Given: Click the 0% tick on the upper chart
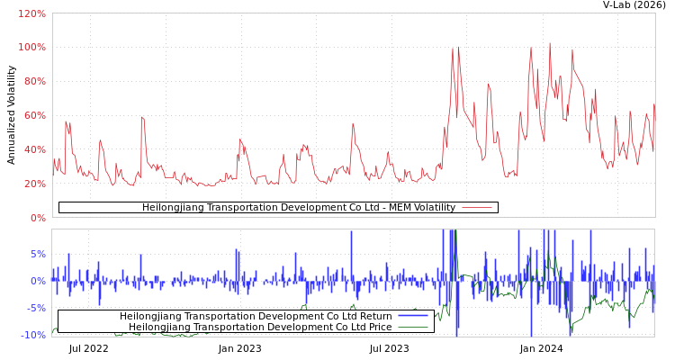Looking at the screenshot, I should click(37, 218).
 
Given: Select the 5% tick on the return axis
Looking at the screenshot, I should click(37, 254).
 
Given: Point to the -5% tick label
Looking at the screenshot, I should click(35, 308).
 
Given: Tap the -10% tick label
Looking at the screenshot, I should click(32, 335).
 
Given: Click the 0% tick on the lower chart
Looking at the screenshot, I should click(37, 281).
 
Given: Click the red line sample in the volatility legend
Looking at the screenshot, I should click(476, 208).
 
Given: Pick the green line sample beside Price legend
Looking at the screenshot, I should click(412, 328).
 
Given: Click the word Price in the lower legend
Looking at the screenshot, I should click(377, 328).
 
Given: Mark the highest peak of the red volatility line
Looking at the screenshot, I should click(550, 43).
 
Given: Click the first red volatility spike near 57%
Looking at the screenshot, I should click(65, 121).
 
